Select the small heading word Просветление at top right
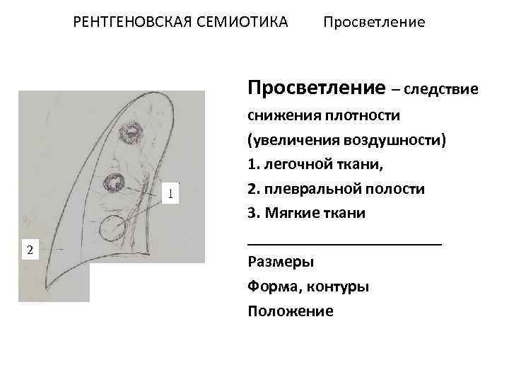[374, 23]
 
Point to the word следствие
[442, 90]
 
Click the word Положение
[291, 311]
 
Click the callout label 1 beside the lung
[170, 192]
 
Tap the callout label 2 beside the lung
[29, 249]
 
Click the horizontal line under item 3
[344, 243]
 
